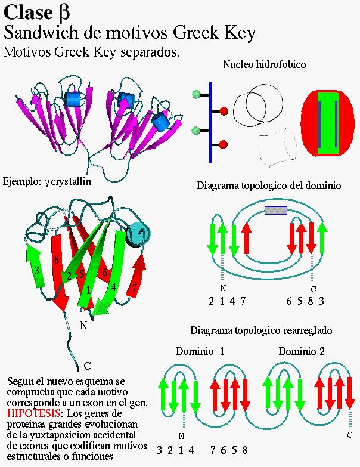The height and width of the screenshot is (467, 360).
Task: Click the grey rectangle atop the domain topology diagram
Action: click(275, 210)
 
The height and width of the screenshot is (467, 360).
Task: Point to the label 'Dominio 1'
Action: click(200, 351)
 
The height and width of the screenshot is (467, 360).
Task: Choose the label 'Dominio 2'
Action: click(302, 351)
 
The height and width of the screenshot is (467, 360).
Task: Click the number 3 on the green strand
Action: click(37, 270)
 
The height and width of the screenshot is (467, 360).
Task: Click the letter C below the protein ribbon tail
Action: click(87, 365)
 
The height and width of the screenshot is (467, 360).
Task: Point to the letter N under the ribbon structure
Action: click(83, 325)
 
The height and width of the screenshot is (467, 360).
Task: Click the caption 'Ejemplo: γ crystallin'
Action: click(47, 181)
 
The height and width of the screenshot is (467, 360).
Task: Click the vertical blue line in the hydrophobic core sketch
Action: click(210, 122)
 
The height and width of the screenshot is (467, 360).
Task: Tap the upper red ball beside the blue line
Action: click(224, 111)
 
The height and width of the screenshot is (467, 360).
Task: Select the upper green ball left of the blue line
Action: click(196, 95)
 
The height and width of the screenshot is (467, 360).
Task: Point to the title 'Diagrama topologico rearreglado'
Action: click(261, 330)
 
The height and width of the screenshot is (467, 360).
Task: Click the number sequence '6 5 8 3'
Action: click(305, 301)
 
